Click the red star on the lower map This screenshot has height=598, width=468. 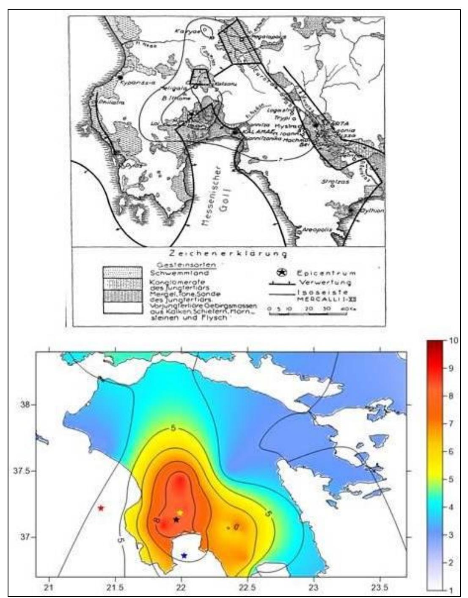point(101,508)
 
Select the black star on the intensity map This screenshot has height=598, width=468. point(176,519)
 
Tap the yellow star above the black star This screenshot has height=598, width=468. point(179,512)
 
